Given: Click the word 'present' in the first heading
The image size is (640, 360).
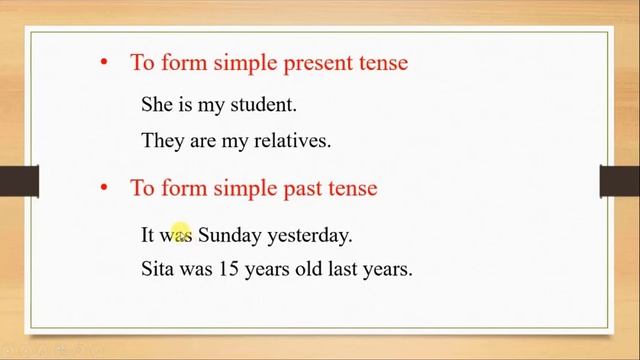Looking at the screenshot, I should point(321,63).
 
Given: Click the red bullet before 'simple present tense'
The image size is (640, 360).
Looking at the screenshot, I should point(103,62).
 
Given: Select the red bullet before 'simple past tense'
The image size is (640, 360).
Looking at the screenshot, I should point(103,186).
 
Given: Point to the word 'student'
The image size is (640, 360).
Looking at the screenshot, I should point(263,104).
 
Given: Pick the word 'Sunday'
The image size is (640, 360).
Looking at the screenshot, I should point(229,236).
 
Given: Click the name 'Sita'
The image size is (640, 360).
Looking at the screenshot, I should point(158,269).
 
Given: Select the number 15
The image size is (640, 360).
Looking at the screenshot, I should point(229,269).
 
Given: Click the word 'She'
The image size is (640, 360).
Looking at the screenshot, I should point(158,104).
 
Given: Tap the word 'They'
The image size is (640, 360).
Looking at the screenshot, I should point(163,141).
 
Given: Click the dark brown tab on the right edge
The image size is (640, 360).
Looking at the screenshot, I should point(620,181).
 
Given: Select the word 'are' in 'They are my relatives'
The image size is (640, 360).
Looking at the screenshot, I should point(203,141).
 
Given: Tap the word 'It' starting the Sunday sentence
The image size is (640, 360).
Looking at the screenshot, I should point(148,236).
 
